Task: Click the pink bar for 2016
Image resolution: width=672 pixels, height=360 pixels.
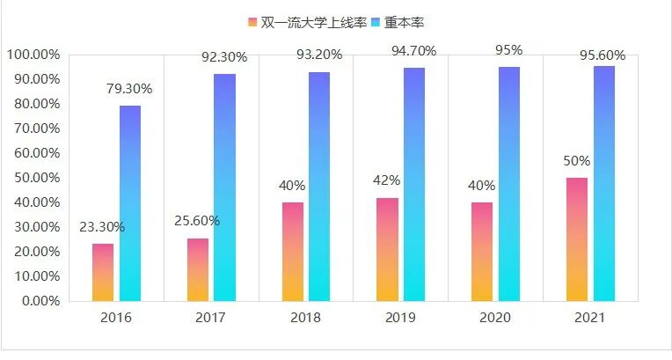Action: pos(103,272)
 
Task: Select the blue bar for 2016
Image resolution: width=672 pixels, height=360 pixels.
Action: pos(130,203)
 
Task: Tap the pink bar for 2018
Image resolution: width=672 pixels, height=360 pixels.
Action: pos(293,252)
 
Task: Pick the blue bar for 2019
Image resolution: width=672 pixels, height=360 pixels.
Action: pos(414,184)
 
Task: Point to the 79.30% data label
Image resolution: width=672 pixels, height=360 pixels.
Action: pos(130,89)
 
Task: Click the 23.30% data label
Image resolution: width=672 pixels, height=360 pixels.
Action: pos(103,227)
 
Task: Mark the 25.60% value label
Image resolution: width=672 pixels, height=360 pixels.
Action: pos(198,221)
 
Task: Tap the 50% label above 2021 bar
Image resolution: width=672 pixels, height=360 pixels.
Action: pos(577,162)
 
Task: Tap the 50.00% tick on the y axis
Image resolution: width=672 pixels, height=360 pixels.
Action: pos(33,178)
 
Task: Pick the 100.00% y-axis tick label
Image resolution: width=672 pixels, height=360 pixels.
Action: pos(33,55)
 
